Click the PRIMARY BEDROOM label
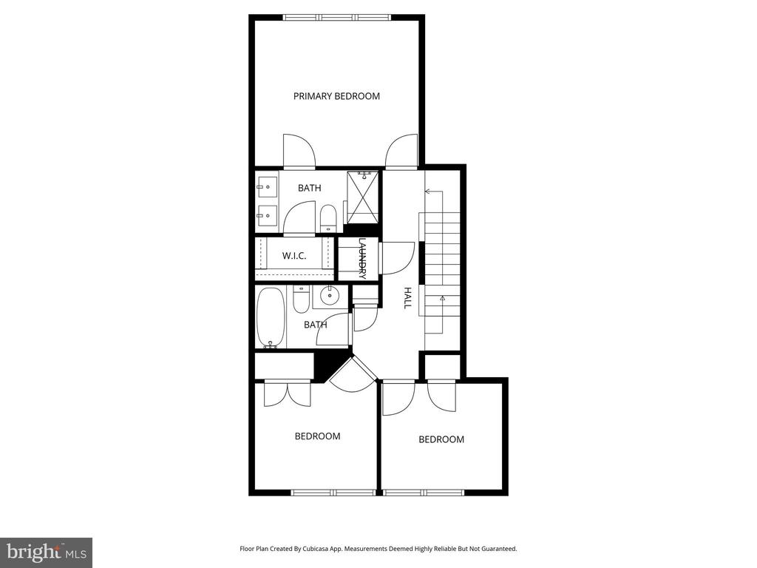click(336, 96)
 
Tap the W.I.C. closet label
click(294, 256)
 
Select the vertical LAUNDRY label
click(362, 259)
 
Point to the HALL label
click(407, 298)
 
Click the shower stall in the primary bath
click(363, 197)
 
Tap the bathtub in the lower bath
click(271, 317)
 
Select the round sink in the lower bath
click(330, 296)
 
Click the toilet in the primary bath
click(327, 218)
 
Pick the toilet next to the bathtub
click(301, 299)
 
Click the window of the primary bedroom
click(337, 18)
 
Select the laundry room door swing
click(397, 258)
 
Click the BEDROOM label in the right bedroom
click(441, 439)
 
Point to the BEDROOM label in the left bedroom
click(318, 436)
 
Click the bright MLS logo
click(47, 552)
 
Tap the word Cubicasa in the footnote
click(317, 549)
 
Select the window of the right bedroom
click(424, 493)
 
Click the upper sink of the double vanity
click(266, 186)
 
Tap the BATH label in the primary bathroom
click(310, 188)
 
